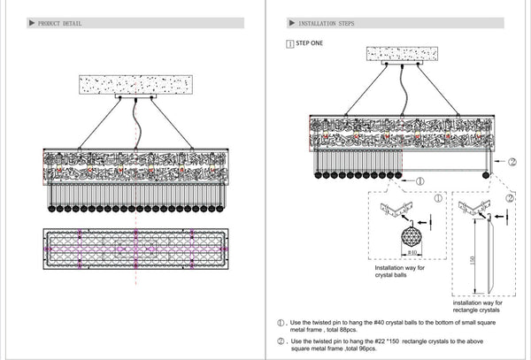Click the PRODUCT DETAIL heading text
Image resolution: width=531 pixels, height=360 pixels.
tap(60, 24)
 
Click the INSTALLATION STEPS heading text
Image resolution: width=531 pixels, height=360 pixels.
tap(327, 24)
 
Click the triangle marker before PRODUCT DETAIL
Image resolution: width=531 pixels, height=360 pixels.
tap(32, 24)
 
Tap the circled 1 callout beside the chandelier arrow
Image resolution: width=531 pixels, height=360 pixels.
tap(421, 180)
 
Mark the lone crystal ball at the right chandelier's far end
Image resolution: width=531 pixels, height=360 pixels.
tap(486, 175)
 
